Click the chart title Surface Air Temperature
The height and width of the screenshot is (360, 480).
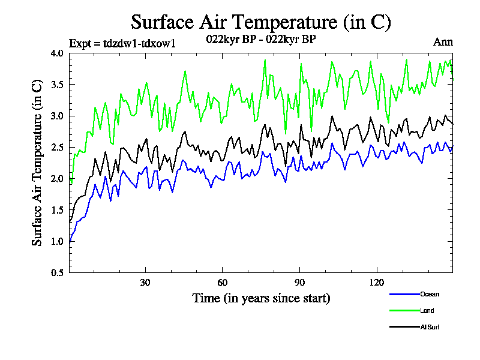(x=261, y=22)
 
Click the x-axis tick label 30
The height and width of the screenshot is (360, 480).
(x=145, y=283)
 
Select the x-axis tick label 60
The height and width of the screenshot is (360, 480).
(x=222, y=283)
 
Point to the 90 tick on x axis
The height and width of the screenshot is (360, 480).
(x=299, y=283)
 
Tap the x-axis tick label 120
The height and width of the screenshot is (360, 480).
(x=376, y=283)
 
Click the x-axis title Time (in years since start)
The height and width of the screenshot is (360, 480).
(x=261, y=298)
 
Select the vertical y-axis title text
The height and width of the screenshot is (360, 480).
(x=37, y=163)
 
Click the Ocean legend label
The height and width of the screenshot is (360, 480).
(x=430, y=295)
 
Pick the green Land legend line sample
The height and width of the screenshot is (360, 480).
(x=403, y=311)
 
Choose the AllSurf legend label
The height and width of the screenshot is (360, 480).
(x=431, y=327)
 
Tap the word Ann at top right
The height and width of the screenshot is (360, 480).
(x=443, y=42)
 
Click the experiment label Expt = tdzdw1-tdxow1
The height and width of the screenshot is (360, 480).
(x=122, y=43)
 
